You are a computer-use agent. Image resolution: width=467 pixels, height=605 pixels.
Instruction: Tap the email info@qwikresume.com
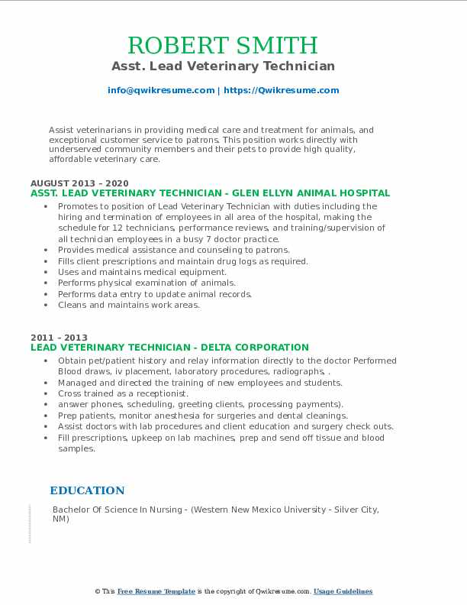pyautogui.click(x=161, y=90)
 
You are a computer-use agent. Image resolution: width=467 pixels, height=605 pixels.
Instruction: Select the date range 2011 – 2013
pyautogui.click(x=59, y=338)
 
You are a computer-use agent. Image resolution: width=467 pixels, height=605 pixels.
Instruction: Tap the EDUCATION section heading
pyautogui.click(x=87, y=491)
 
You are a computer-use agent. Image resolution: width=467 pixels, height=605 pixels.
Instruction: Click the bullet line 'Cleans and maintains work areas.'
pyautogui.click(x=128, y=305)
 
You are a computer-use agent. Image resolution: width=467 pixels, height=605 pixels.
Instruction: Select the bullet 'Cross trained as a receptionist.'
pyautogui.click(x=123, y=393)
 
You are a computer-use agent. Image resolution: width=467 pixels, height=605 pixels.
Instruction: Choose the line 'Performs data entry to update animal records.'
pyautogui.click(x=154, y=294)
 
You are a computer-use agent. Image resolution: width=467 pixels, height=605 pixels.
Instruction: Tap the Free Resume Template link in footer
pyautogui.click(x=156, y=592)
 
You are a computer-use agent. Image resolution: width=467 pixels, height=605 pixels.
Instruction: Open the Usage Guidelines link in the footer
pyautogui.click(x=343, y=592)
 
